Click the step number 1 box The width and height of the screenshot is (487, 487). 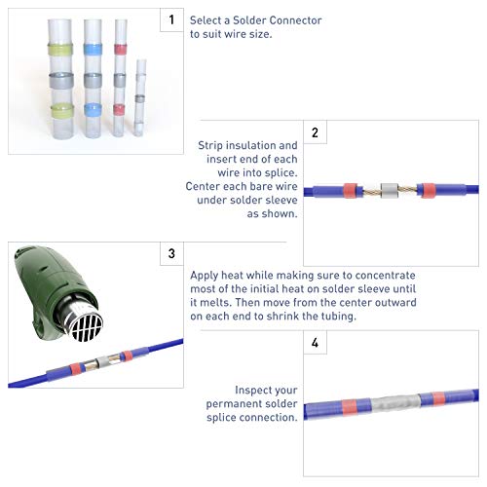(x=171, y=19)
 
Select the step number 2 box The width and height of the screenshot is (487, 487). (x=315, y=132)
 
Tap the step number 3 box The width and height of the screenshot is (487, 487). (x=171, y=253)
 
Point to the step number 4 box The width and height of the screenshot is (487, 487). (x=315, y=343)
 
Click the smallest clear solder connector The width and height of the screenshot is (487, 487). (x=140, y=97)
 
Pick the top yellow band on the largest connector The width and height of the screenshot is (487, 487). (x=60, y=49)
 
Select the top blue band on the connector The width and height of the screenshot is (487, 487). (x=93, y=49)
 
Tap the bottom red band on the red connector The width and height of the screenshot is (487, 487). (x=120, y=110)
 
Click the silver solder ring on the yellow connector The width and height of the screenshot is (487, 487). (x=61, y=80)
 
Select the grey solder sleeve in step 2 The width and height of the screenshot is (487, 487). (x=390, y=191)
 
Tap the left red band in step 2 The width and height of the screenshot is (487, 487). (x=350, y=191)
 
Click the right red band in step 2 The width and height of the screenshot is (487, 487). (x=429, y=191)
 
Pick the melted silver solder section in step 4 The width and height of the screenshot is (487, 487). (x=395, y=403)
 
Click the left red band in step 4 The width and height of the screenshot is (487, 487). (x=350, y=407)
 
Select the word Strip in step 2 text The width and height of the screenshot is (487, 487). (x=210, y=145)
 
